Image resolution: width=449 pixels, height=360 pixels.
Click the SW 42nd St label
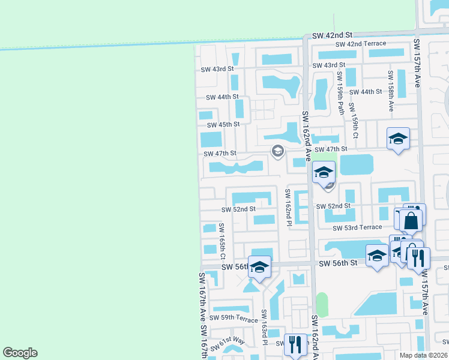point(331,36)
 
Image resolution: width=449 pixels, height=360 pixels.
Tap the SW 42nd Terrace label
point(357,44)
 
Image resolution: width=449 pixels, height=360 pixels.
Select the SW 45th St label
point(223,125)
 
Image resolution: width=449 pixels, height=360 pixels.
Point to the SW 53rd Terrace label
point(358,227)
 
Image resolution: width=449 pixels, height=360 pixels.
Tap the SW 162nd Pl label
point(288,208)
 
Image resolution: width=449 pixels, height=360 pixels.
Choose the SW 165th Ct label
point(221,238)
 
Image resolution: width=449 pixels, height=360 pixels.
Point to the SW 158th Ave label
point(391,91)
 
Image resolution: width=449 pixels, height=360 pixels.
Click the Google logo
point(20,353)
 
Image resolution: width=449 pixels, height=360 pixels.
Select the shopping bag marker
point(412,220)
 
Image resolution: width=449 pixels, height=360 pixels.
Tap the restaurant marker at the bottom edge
point(295,345)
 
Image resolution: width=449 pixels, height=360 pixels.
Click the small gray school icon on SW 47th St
point(277,151)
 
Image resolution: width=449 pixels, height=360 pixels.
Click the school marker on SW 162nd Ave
point(324,172)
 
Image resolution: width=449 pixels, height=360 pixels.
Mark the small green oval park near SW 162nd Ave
point(322,305)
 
